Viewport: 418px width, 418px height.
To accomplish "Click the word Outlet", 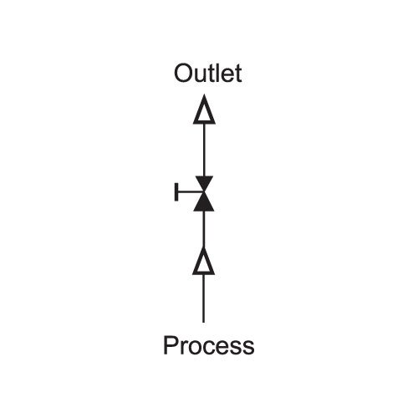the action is pyautogui.click(x=207, y=73).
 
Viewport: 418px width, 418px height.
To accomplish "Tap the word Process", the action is pyautogui.click(x=209, y=345).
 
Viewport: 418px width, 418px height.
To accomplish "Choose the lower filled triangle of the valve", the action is pyautogui.click(x=204, y=203).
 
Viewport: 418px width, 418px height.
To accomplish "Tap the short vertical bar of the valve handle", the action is pyautogui.click(x=176, y=191).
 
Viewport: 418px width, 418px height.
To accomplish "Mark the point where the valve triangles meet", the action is pyautogui.click(x=204, y=191).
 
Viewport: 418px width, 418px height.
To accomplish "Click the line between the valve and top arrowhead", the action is pyautogui.click(x=204, y=150).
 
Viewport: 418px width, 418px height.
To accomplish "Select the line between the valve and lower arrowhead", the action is pyautogui.click(x=204, y=229).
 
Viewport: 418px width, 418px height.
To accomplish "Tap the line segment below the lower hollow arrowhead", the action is pyautogui.click(x=204, y=298).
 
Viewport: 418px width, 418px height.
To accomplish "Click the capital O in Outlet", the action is pyautogui.click(x=183, y=74).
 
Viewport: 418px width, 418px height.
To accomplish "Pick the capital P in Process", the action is pyautogui.click(x=170, y=345).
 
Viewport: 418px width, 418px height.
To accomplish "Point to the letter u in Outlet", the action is pyautogui.click(x=201, y=76).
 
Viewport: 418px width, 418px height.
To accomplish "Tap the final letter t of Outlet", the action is pyautogui.click(x=238, y=74).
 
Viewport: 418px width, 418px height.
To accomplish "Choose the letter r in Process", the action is pyautogui.click(x=183, y=348).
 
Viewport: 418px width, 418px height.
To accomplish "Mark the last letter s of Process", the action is pyautogui.click(x=249, y=348).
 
